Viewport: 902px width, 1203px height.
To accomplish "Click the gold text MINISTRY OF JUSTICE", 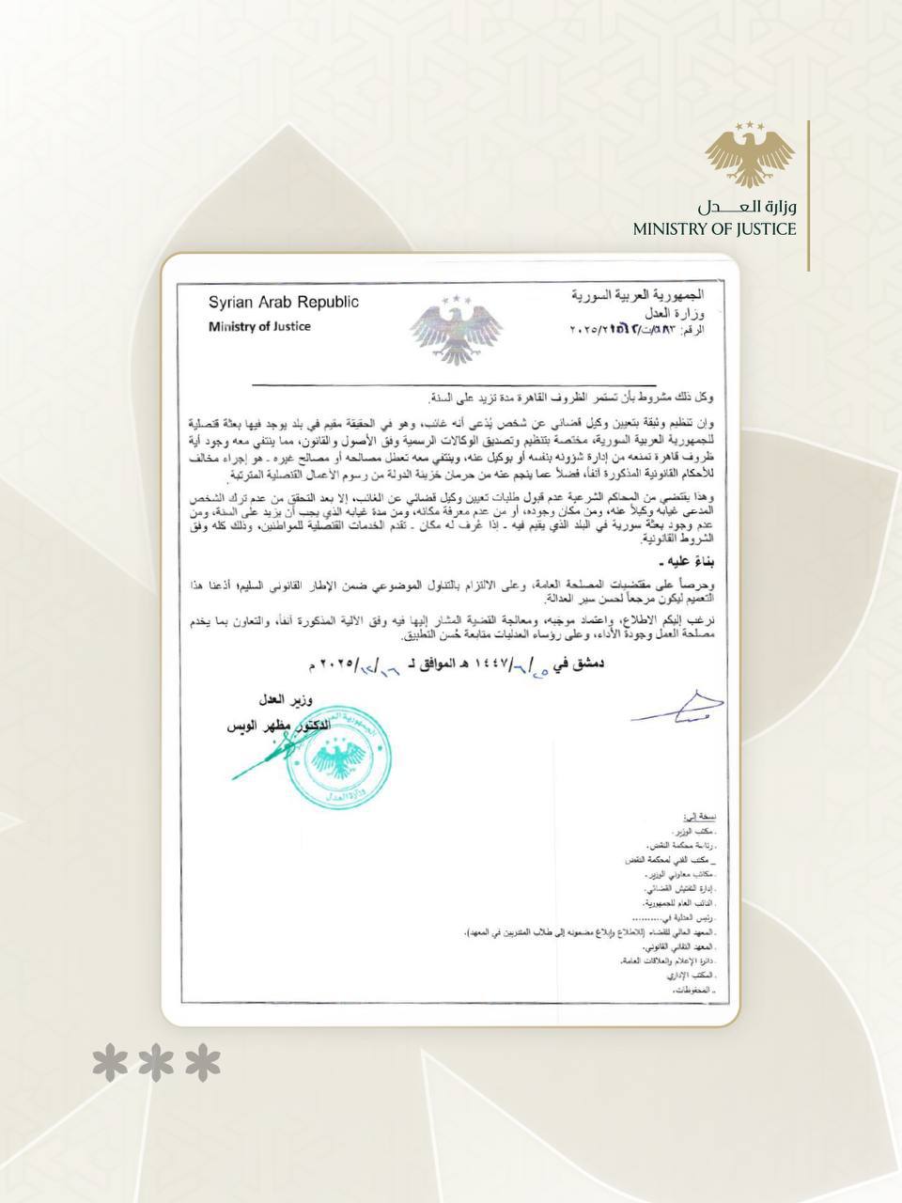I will (714, 228).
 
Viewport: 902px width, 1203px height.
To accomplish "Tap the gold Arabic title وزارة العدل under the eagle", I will (747, 206).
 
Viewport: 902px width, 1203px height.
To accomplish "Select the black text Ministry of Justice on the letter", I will (259, 326).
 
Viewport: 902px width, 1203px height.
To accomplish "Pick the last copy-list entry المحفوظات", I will (692, 992).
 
